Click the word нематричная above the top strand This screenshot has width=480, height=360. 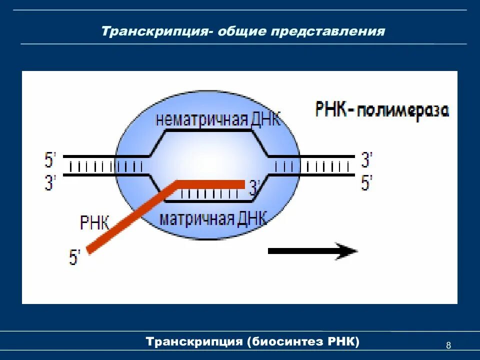(201, 120)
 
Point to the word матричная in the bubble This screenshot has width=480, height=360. (197, 218)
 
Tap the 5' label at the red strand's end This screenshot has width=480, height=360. (75, 257)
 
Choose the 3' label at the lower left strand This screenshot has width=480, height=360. (51, 182)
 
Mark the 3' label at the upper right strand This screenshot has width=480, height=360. (367, 160)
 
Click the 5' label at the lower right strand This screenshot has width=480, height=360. (367, 182)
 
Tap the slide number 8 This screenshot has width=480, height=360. (448, 345)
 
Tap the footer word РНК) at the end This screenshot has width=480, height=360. (343, 342)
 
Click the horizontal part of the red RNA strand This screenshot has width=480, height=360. (210, 184)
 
